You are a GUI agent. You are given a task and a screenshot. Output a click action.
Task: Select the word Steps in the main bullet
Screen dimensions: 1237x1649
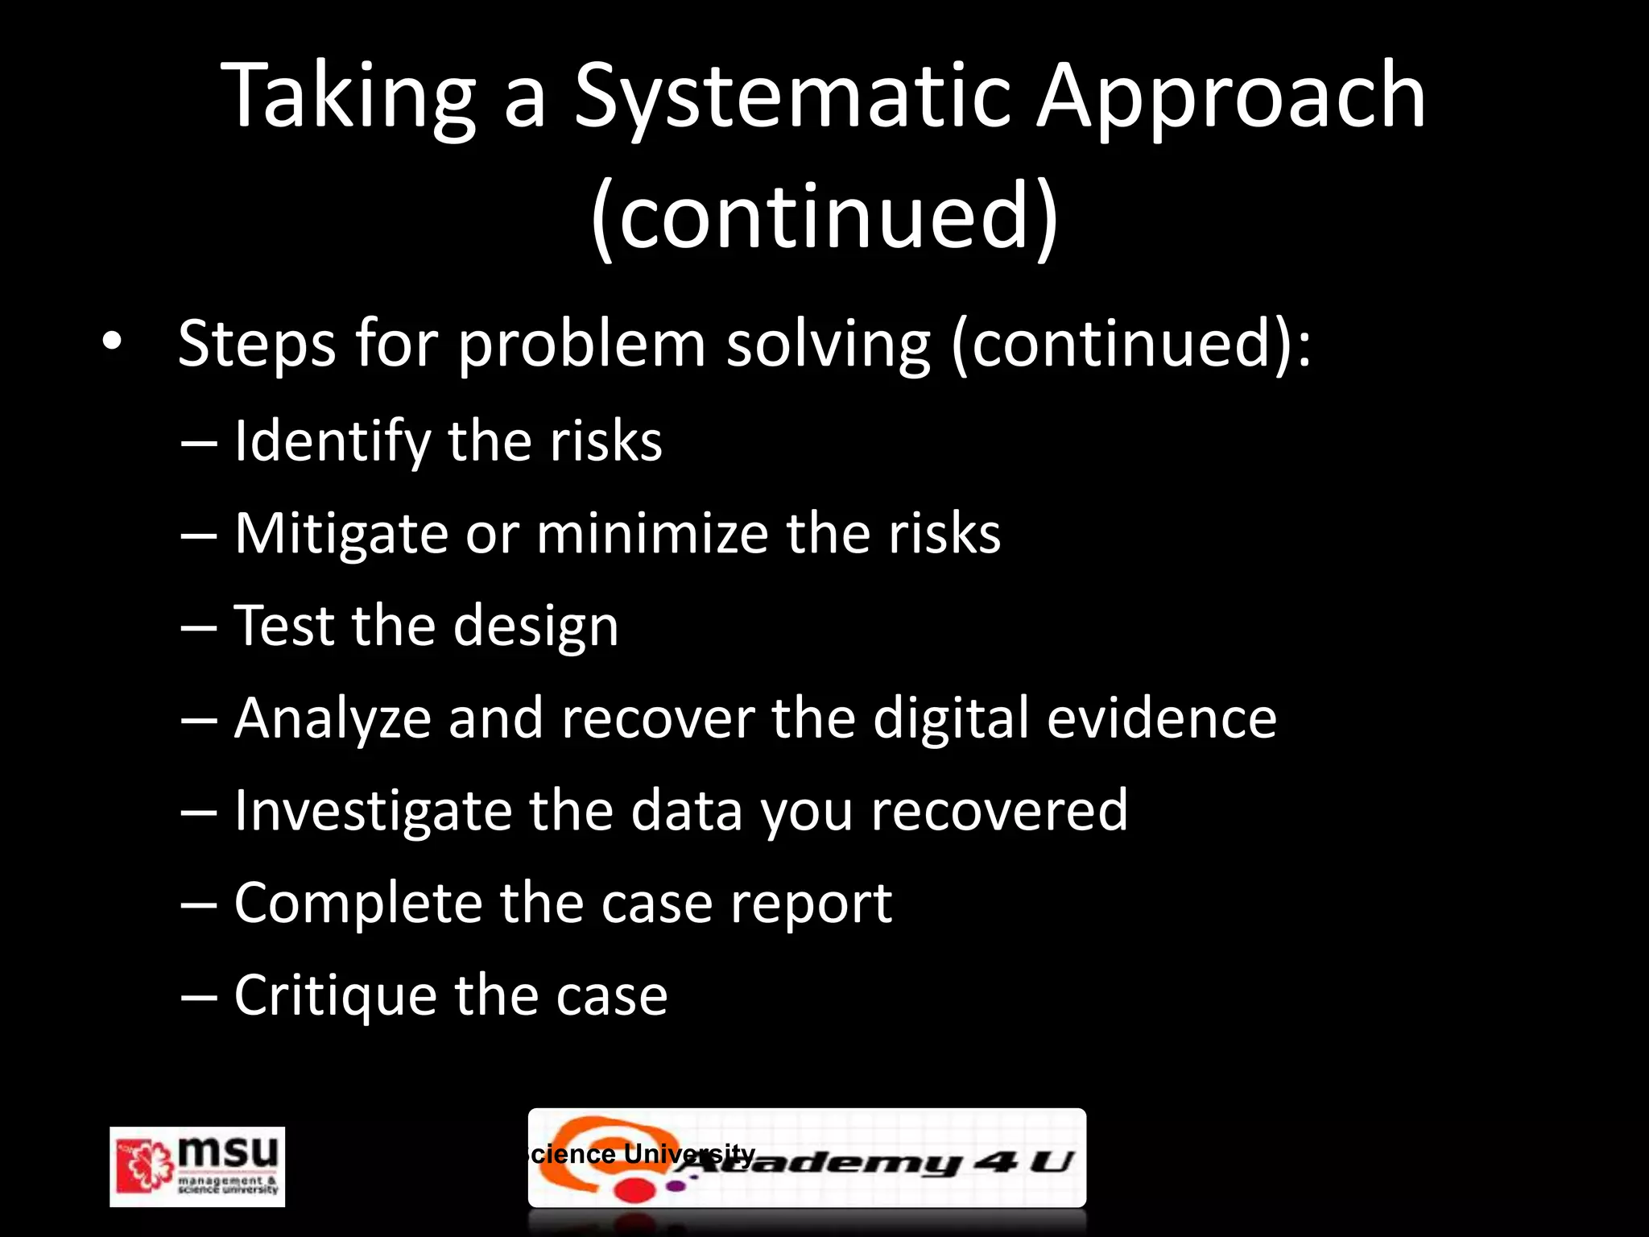pos(256,345)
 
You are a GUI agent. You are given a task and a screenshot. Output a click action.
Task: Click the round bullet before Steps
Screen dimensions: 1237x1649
pos(112,343)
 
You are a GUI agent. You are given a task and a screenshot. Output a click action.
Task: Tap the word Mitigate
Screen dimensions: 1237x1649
pos(341,535)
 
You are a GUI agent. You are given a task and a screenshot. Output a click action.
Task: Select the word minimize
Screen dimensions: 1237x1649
pos(652,535)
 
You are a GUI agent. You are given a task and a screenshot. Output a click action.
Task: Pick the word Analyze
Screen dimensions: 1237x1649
pos(333,719)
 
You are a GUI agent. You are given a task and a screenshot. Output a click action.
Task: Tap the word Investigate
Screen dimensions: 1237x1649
pos(372,812)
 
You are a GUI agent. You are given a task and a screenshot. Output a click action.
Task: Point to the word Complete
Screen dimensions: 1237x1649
pos(357,904)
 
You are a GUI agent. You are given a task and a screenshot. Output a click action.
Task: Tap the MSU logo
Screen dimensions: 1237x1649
pos(197,1166)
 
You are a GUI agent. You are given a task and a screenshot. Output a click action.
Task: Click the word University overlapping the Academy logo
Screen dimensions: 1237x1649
pos(689,1153)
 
